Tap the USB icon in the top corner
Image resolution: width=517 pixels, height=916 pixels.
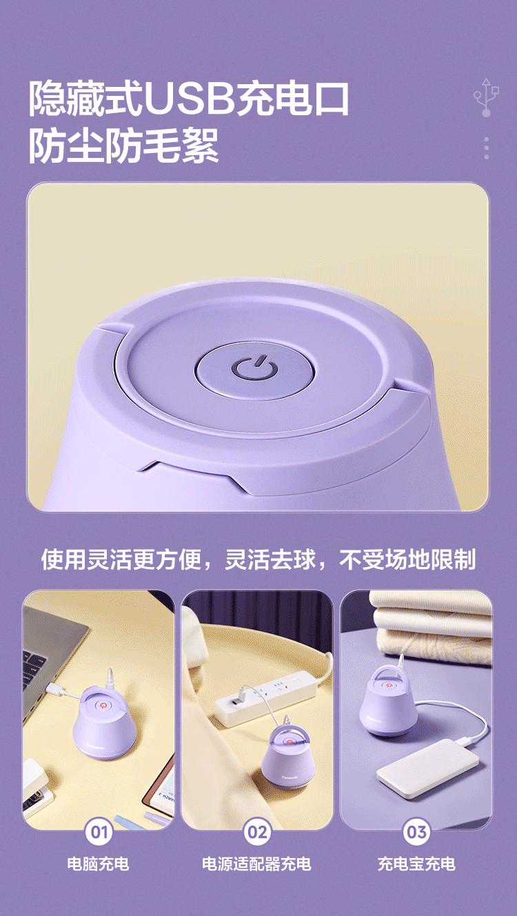486,97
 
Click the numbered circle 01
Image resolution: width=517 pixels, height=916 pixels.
99,832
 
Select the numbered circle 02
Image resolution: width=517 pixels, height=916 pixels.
257,832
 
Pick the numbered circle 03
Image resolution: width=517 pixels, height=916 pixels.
416,832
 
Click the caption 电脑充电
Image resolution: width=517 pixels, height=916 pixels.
98,864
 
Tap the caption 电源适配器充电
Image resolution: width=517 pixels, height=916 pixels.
256,864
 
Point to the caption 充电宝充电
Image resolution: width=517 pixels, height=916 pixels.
416,864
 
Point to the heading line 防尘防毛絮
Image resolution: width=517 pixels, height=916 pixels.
123,145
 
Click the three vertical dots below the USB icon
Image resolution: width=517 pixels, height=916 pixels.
486,148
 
